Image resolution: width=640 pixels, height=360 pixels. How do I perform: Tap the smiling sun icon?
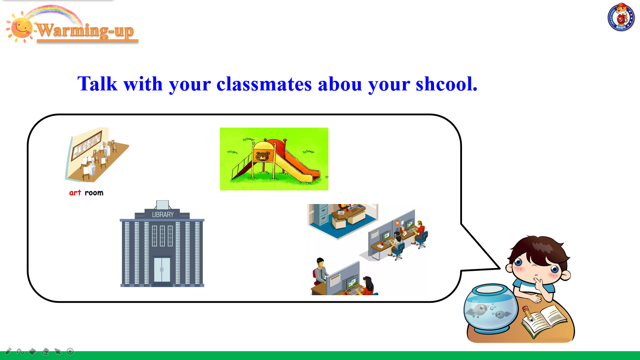[x=20, y=28]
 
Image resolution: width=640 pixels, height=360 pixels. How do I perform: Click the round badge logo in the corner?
[x=621, y=17]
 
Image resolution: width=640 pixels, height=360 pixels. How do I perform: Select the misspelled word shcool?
[x=446, y=84]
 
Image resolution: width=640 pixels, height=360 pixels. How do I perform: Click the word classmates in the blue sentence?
[x=264, y=84]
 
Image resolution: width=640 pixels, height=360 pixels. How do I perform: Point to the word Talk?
[x=98, y=84]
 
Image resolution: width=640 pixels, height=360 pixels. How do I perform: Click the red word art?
[x=75, y=193]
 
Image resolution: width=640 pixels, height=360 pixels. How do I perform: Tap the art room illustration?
[x=97, y=154]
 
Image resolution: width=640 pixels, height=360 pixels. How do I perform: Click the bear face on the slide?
[x=262, y=156]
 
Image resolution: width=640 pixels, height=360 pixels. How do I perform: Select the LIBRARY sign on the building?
[x=163, y=214]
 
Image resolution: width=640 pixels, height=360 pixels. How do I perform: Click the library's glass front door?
[x=162, y=270]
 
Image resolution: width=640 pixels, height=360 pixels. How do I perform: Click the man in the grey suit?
[x=320, y=272]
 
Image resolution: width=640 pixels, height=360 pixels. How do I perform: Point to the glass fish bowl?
[x=490, y=308]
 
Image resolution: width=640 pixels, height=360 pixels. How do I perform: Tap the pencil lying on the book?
[x=528, y=313]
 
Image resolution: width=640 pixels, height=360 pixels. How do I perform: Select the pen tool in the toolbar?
[x=8, y=351]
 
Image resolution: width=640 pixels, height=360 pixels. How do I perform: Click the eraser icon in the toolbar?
[x=46, y=352]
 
